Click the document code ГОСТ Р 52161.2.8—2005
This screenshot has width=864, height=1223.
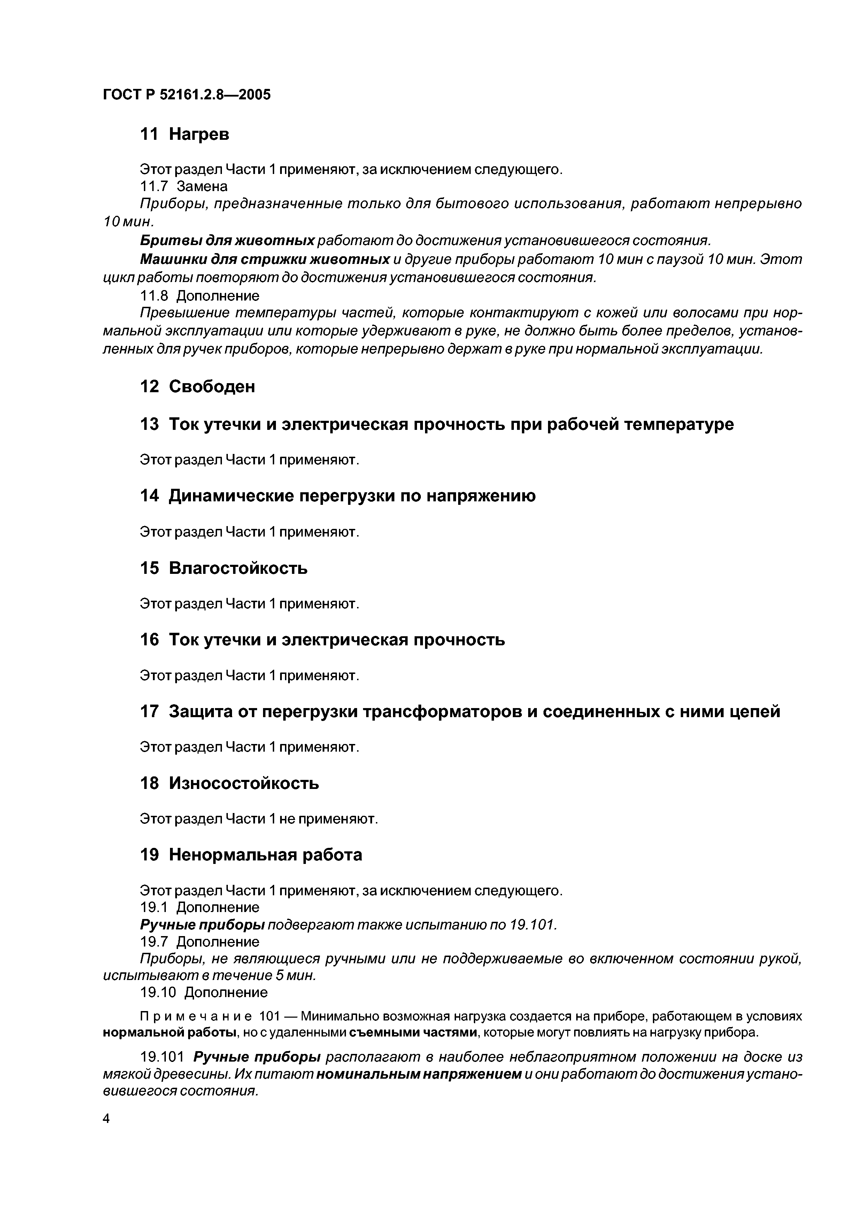coord(187,95)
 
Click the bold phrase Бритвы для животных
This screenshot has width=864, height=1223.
coord(227,241)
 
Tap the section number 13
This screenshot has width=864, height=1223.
coord(149,425)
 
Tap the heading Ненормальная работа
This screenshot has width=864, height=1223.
coord(265,854)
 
